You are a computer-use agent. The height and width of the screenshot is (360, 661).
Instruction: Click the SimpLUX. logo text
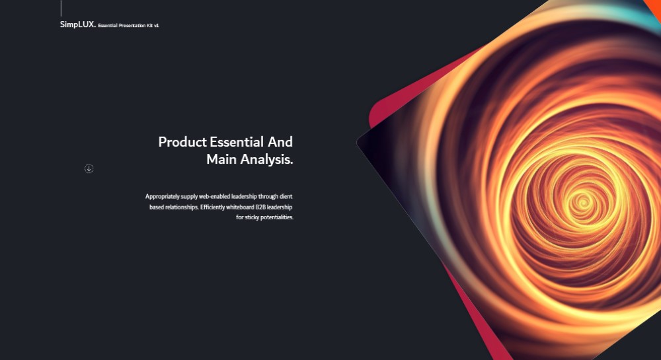pos(78,24)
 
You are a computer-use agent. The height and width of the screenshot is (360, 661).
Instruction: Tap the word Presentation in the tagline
pos(132,26)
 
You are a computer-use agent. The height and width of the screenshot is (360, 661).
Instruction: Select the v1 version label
pos(157,26)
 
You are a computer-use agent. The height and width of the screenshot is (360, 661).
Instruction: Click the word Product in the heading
pos(182,142)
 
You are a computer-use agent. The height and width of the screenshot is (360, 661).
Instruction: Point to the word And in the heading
pos(280,142)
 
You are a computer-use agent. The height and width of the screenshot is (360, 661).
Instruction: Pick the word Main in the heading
pos(221,159)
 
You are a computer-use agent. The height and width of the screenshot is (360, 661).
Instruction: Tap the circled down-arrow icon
pos(89,168)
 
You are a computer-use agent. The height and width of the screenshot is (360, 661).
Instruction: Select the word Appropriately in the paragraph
pos(163,197)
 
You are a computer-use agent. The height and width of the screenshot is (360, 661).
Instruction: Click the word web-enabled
pos(214,196)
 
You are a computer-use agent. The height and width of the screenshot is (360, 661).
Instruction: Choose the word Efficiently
pos(212,207)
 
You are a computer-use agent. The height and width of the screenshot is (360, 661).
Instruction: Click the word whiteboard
pos(241,207)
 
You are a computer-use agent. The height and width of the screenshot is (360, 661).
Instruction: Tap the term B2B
pos(260,207)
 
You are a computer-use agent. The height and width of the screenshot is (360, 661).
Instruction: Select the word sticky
pos(252,217)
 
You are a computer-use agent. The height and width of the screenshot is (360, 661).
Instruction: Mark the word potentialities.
pos(277,217)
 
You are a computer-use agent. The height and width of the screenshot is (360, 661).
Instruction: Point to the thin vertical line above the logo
pos(61,8)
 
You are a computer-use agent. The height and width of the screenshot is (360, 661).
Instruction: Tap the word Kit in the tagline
pos(150,26)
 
